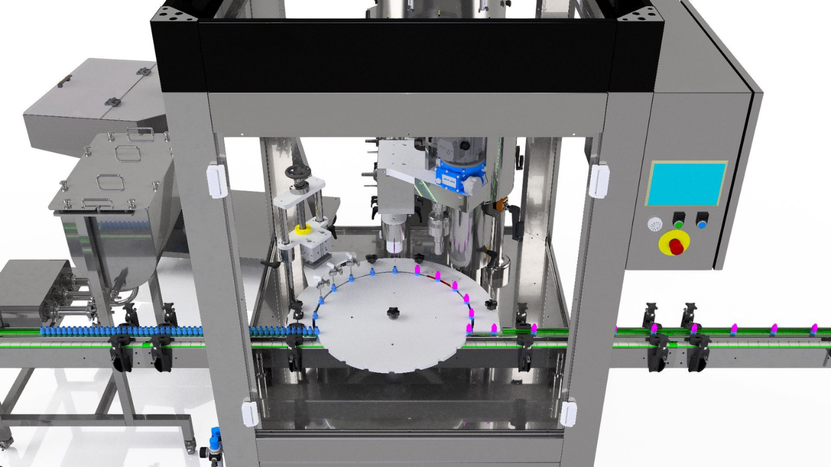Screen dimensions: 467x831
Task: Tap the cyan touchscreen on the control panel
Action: [x=686, y=184]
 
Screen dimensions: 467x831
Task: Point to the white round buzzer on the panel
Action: [x=654, y=224]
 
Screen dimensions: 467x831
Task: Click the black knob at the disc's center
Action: [x=393, y=313]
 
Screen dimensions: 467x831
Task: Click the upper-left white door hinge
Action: [x=217, y=180]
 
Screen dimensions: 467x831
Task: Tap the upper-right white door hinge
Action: [x=598, y=180]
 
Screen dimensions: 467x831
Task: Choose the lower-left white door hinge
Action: [x=251, y=413]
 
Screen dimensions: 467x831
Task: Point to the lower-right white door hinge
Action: [x=569, y=413]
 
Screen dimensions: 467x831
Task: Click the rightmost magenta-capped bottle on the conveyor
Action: [x=814, y=329]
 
